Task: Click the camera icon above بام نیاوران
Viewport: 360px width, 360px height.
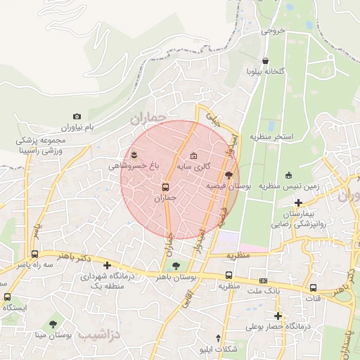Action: tap(77, 116)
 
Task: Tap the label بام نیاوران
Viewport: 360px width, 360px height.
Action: tap(77, 128)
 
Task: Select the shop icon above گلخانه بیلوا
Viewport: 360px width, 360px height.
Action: tap(266, 60)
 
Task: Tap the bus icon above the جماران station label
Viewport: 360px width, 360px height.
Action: tap(165, 187)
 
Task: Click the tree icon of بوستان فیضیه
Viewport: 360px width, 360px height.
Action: tap(229, 175)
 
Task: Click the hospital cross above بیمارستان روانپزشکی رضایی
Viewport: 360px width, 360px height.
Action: tap(299, 202)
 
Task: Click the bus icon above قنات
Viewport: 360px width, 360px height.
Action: tap(313, 287)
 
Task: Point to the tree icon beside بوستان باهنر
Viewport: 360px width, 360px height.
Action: tap(175, 266)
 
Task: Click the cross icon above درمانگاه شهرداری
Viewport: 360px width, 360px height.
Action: tap(107, 265)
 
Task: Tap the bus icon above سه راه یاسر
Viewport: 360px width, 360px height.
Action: tap(34, 254)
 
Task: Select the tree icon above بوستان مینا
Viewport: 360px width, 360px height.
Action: tap(53, 324)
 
